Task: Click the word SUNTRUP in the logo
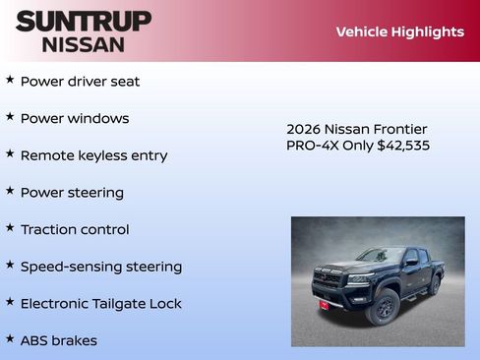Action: point(84,21)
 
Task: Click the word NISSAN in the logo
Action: point(84,43)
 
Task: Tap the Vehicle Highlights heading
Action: point(399,32)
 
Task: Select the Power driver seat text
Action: point(80,82)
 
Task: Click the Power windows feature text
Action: point(75,119)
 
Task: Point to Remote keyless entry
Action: point(93,155)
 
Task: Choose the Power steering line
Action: point(72,193)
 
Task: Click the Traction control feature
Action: point(75,229)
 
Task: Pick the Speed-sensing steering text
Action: point(100,267)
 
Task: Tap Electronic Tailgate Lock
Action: point(100,304)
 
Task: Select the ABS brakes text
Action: point(58,340)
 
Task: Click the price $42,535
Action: point(403,146)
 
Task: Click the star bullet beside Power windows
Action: point(10,117)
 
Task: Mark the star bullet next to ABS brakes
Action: point(10,338)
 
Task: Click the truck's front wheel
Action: point(383,308)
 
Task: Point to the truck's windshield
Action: point(381,256)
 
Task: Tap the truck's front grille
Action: point(328,279)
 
